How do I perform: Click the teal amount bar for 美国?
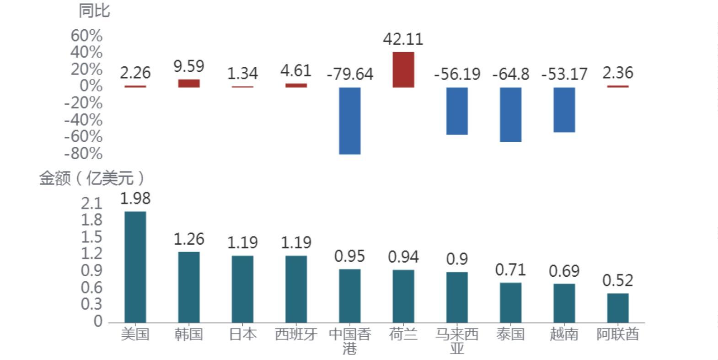tap(135, 267)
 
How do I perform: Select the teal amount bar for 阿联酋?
tap(618, 308)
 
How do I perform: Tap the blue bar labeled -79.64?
tap(350, 121)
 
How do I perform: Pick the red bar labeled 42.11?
tap(403, 70)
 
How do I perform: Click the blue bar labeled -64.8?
tap(510, 114)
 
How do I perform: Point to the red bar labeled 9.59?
tap(189, 83)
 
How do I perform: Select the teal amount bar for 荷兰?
tap(403, 296)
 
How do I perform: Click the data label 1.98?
tap(135, 199)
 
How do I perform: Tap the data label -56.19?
tap(457, 74)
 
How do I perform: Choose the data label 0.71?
tap(510, 270)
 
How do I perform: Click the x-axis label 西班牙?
tap(296, 334)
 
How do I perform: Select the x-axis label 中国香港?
tap(350, 341)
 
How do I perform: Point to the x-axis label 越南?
tap(564, 334)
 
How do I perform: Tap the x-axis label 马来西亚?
tap(457, 341)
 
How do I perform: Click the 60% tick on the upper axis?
tap(86, 36)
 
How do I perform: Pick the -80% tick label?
tap(83, 154)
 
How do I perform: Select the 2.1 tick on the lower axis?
tap(91, 204)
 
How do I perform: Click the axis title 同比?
tap(94, 11)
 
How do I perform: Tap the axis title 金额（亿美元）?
tap(91, 178)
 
